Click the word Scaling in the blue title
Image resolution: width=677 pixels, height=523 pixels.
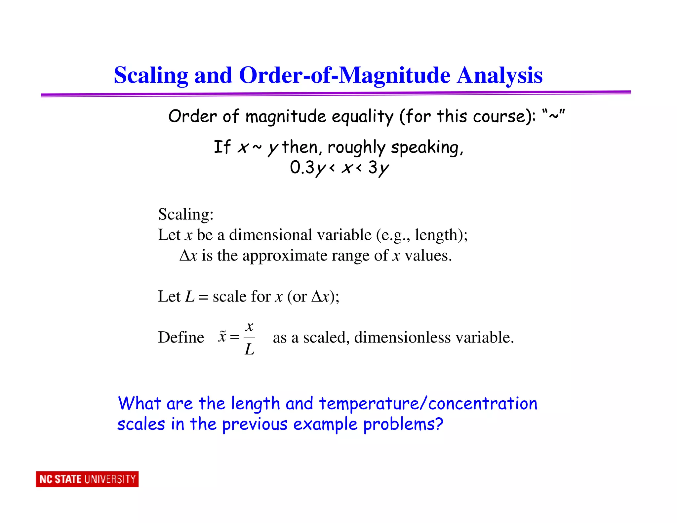pyautogui.click(x=151, y=75)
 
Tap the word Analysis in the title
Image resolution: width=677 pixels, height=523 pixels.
pyautogui.click(x=499, y=75)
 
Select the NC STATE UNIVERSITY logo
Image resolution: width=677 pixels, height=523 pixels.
pyautogui.click(x=87, y=479)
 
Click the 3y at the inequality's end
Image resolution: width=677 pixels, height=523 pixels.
pyautogui.click(x=379, y=167)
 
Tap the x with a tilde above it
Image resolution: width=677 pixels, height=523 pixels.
pyautogui.click(x=222, y=337)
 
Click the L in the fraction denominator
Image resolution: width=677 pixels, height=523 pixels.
pyautogui.click(x=249, y=349)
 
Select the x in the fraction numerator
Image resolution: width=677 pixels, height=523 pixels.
pyautogui.click(x=250, y=327)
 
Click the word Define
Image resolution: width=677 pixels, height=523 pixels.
pyautogui.click(x=181, y=338)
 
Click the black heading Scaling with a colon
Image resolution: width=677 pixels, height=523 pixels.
pyautogui.click(x=186, y=214)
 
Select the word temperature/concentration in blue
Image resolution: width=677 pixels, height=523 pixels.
pyautogui.click(x=428, y=404)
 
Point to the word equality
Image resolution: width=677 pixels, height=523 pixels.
pyautogui.click(x=363, y=117)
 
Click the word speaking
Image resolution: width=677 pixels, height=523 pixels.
pyautogui.click(x=426, y=147)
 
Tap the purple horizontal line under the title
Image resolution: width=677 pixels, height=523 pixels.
pyautogui.click(x=336, y=94)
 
